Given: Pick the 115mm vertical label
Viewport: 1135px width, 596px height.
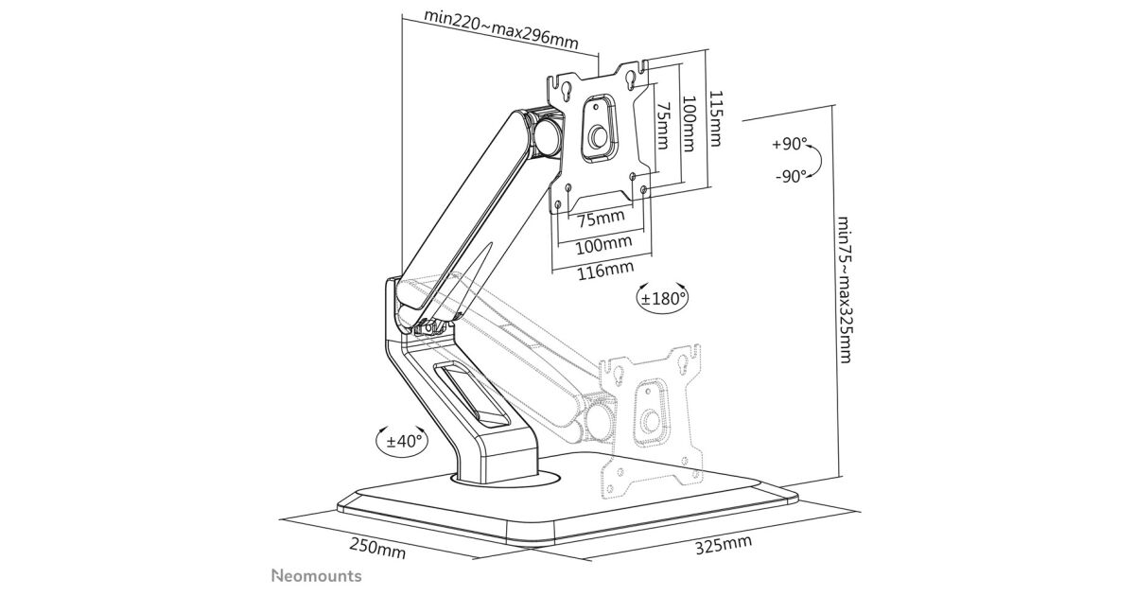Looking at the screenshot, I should click(715, 119).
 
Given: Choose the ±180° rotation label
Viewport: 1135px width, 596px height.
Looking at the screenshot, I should click(663, 297).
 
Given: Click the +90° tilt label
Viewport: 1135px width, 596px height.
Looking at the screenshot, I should click(789, 145).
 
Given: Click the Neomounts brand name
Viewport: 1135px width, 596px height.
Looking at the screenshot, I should click(316, 575).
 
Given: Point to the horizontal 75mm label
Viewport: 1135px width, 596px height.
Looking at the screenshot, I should click(600, 219).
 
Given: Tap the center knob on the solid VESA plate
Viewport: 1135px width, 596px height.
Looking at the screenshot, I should click(598, 138).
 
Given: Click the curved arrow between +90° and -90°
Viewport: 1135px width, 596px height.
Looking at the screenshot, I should click(818, 161).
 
